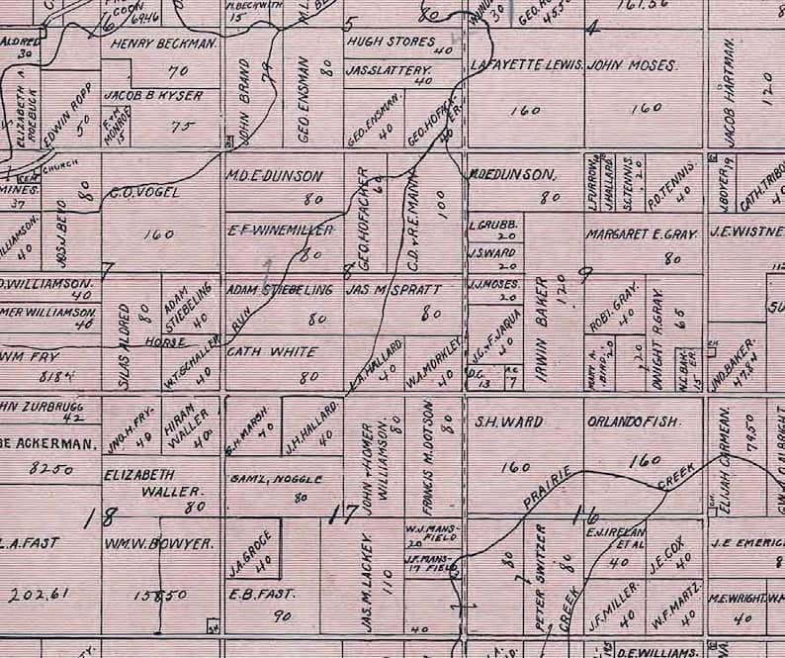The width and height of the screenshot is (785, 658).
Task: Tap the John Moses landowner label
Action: point(632,65)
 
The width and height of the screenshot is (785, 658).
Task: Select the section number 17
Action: point(343,513)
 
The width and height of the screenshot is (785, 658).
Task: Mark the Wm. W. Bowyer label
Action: point(158,543)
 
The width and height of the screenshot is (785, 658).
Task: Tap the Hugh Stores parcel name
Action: point(391,43)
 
